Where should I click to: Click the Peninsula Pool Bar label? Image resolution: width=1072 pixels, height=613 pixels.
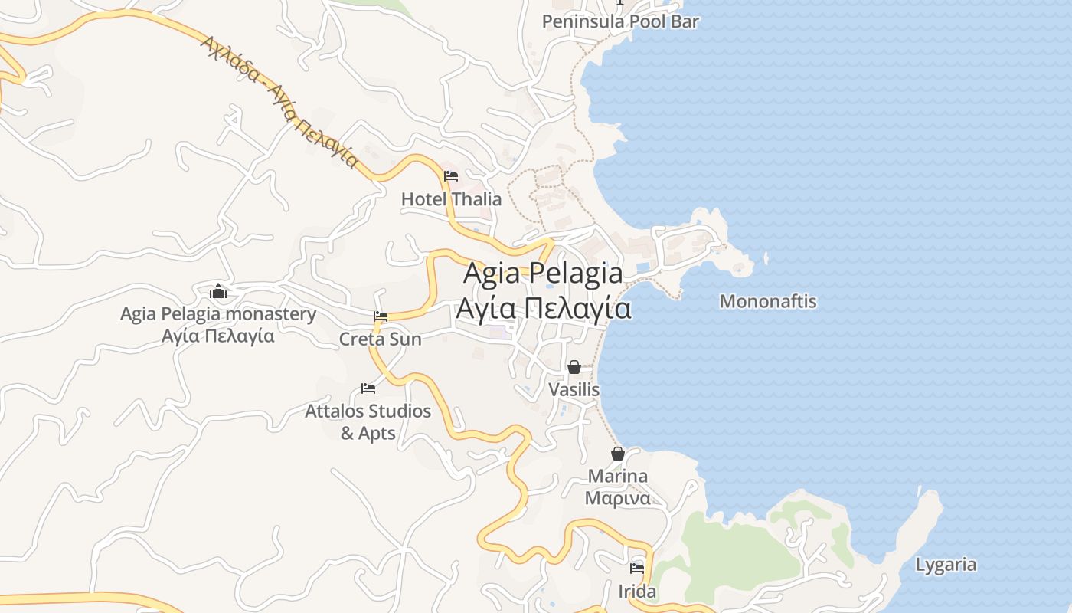pos(620,21)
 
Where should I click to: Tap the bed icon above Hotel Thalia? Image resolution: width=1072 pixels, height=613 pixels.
pos(451,176)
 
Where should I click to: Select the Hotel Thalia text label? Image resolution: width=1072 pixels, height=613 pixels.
pos(452,199)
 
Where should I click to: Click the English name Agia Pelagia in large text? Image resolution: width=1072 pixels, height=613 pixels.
pos(543,273)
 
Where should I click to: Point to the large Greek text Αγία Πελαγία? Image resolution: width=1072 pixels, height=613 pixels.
pos(543,308)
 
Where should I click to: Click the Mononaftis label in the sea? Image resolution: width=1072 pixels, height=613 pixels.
pos(768,301)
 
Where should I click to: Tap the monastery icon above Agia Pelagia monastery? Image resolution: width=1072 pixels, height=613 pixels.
pos(218,291)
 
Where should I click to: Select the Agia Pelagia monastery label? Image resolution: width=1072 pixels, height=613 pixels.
pos(218,314)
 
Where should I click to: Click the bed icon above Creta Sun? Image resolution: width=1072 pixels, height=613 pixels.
pos(381,316)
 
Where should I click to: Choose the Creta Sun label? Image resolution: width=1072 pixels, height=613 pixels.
pos(381,339)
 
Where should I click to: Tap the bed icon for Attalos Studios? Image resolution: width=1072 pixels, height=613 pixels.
pos(368,388)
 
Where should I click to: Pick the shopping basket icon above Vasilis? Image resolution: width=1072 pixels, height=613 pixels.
pos(574,367)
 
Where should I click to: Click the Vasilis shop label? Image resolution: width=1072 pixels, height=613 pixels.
pos(574,390)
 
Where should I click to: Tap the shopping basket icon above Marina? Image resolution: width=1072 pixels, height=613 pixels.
pos(618,454)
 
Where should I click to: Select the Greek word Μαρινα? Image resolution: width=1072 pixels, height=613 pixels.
pos(618,498)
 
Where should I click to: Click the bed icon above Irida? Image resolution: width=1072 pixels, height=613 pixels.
pos(637,569)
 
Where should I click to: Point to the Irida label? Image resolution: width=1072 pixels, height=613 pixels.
pos(637,592)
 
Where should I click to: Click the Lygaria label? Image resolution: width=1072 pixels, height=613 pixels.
pos(946,565)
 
